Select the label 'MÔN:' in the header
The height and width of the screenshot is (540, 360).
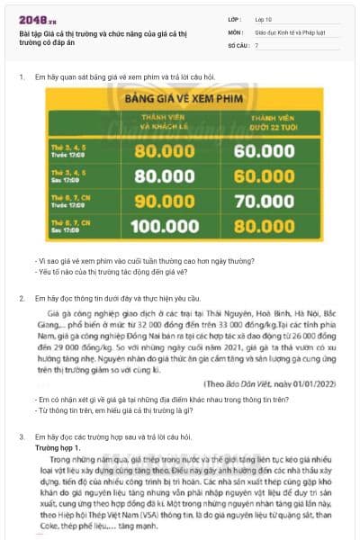236,31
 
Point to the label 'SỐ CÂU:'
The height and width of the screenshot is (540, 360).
239,44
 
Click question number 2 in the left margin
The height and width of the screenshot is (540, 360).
22,297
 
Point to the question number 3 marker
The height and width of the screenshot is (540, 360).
22,436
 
